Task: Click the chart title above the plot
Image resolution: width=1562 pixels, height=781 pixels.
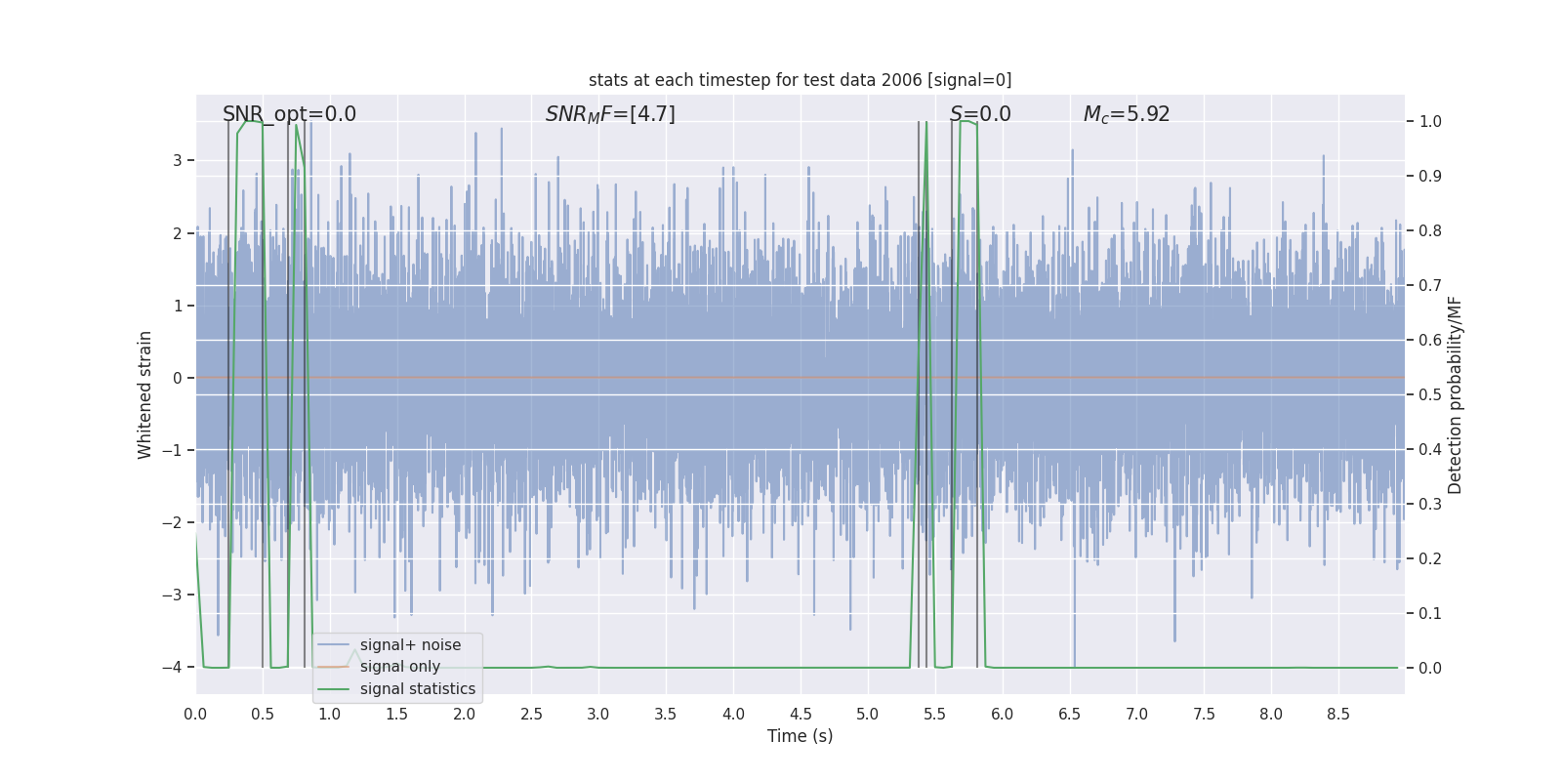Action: click(x=800, y=80)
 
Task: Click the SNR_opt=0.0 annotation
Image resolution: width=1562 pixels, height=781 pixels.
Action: click(x=289, y=114)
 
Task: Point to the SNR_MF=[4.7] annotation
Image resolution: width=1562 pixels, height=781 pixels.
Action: click(x=610, y=114)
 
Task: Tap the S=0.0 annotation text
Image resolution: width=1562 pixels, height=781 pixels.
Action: click(x=980, y=114)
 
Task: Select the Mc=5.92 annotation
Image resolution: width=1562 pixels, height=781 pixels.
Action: click(x=1127, y=114)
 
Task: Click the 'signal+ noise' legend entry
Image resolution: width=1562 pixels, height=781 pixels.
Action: click(x=410, y=645)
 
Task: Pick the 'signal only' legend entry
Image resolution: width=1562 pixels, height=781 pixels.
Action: click(x=399, y=667)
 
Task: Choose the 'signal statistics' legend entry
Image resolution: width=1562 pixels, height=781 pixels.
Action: click(x=417, y=689)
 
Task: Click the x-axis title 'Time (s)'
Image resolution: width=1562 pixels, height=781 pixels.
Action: click(x=800, y=736)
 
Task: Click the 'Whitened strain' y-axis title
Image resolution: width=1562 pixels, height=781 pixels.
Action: click(x=145, y=394)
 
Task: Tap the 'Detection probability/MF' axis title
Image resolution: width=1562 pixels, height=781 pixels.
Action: click(x=1455, y=394)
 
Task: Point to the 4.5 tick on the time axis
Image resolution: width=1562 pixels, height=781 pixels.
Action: click(x=801, y=715)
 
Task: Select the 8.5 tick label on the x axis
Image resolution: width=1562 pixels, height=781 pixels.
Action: click(x=1338, y=715)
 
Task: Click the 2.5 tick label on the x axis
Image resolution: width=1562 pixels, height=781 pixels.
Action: click(x=531, y=715)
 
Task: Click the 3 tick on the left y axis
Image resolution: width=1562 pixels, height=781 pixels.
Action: click(x=178, y=161)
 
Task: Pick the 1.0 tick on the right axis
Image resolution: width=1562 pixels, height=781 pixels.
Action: click(x=1430, y=122)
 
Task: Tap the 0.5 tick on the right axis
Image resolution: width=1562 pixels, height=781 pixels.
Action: click(x=1430, y=395)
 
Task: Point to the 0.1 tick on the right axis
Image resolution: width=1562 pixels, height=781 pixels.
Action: click(x=1430, y=614)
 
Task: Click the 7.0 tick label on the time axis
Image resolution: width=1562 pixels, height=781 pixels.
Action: click(x=1136, y=715)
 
